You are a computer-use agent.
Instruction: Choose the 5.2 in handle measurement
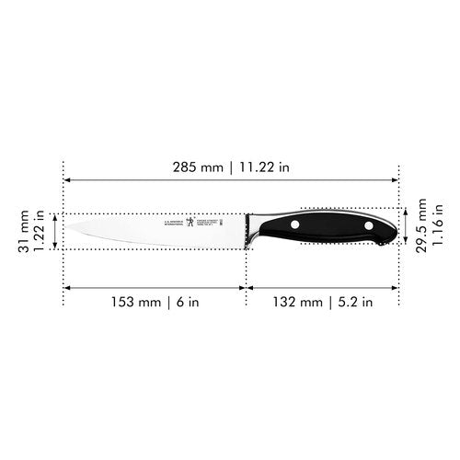355,301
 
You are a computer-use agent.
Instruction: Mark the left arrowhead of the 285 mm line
66,181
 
